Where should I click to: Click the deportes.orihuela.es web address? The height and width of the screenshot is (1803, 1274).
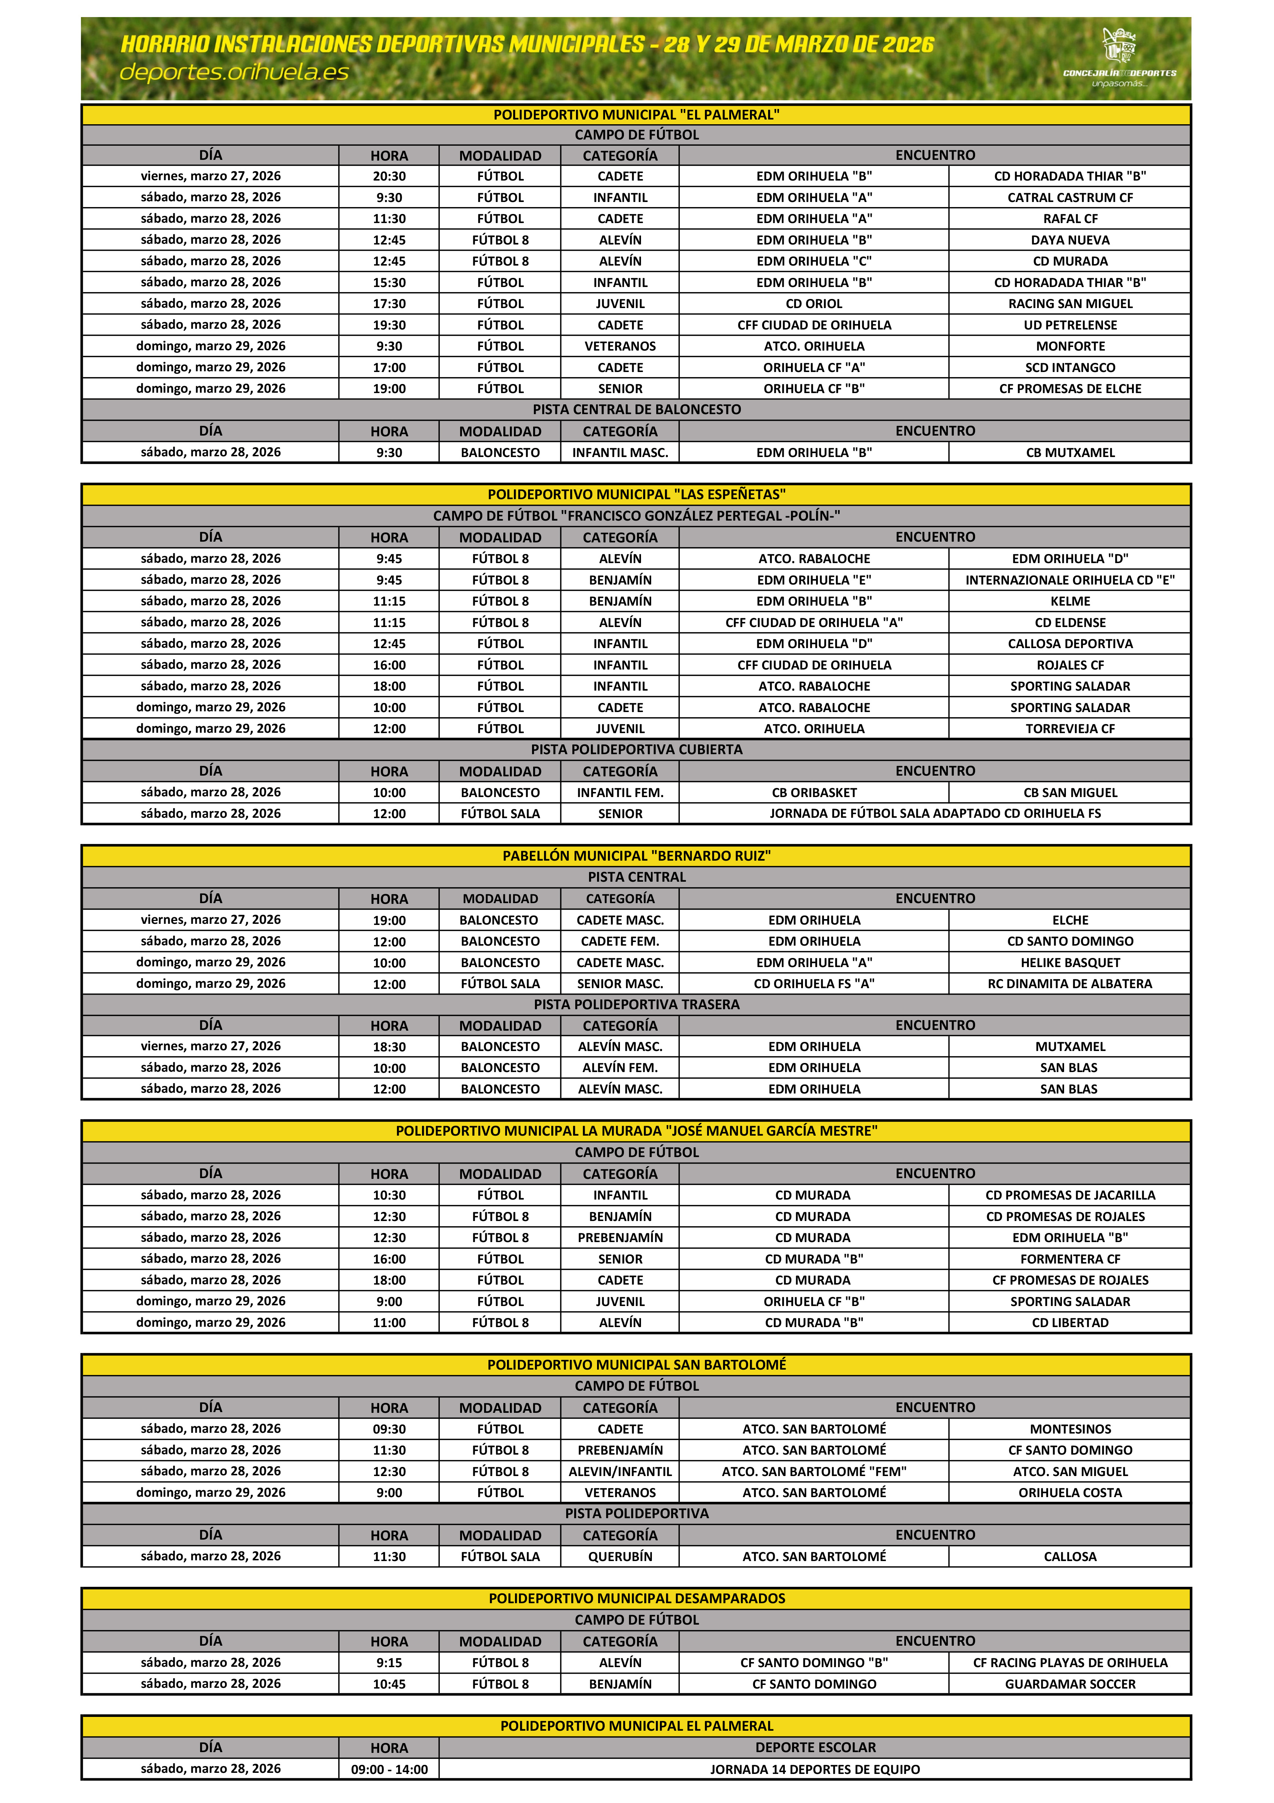click(x=234, y=72)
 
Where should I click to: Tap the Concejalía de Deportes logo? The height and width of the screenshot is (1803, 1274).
click(x=1119, y=57)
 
